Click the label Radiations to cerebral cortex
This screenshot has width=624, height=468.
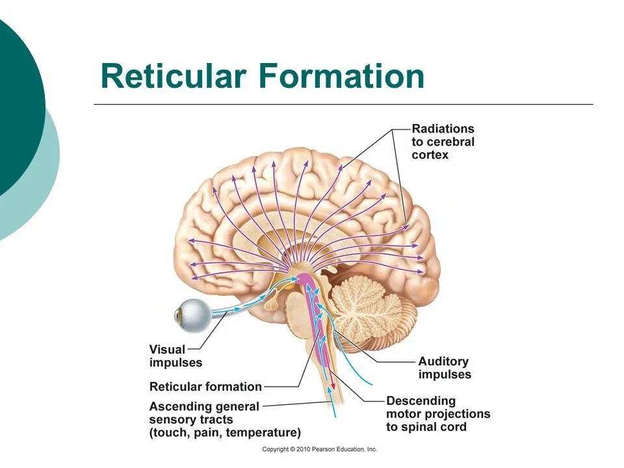[x=443, y=142]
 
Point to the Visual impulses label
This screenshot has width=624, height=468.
[x=175, y=356]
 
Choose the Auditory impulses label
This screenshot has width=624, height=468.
[x=444, y=368]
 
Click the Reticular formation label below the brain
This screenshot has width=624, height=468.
[x=205, y=387]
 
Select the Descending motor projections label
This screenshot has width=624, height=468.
[x=437, y=413]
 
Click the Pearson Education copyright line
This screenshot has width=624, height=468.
[x=319, y=449]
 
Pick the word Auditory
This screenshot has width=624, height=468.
[x=443, y=361]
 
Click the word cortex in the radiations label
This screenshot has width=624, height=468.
[x=430, y=155]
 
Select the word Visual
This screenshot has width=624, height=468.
[x=167, y=350]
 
